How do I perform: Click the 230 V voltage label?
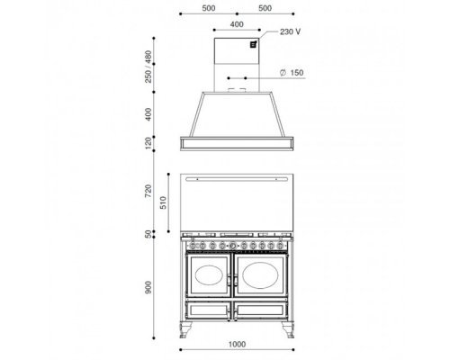290,31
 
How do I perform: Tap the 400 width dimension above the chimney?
237,24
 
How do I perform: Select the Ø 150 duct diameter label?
292,73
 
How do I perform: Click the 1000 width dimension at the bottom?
237,344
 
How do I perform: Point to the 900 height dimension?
148,287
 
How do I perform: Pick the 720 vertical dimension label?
148,191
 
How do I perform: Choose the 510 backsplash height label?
163,202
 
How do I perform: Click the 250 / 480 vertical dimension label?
148,67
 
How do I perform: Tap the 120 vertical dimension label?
148,143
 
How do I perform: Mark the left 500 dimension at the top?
209,8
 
